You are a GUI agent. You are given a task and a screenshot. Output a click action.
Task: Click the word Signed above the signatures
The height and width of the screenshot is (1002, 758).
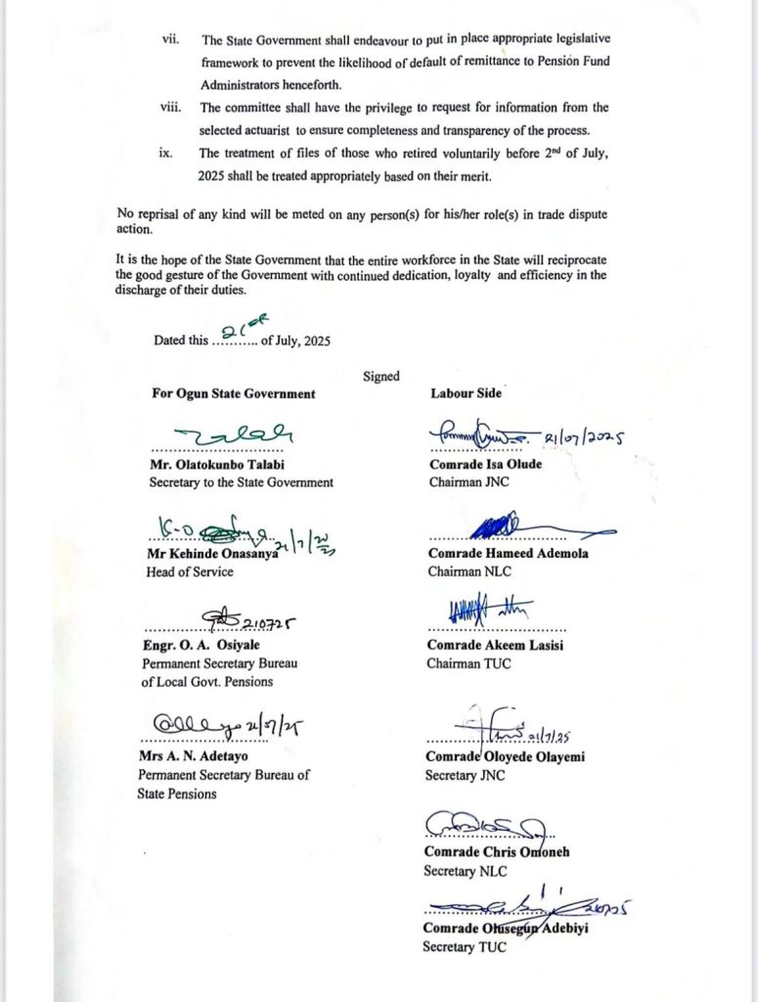click(380, 376)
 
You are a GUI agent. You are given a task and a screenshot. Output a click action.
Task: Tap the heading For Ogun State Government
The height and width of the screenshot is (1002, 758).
click(233, 393)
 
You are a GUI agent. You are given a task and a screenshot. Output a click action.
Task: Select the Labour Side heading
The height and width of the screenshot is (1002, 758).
click(466, 393)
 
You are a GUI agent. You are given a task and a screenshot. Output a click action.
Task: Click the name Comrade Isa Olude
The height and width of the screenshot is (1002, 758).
click(484, 464)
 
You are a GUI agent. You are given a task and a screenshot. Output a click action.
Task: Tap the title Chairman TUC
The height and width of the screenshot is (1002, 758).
click(467, 663)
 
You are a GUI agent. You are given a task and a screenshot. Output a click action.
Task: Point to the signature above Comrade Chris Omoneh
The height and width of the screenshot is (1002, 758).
click(485, 826)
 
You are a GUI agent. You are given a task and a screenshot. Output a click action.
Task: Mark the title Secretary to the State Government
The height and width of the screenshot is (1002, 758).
click(241, 481)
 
